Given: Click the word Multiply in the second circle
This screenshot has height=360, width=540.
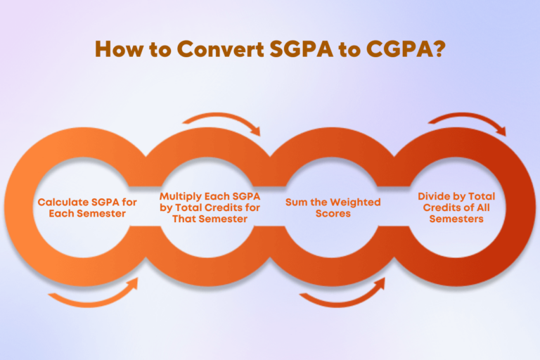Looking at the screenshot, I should pos(179,196).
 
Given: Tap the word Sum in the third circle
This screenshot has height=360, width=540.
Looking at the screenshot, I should pos(295,202).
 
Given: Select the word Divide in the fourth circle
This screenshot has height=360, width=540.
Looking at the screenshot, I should pos(435,196).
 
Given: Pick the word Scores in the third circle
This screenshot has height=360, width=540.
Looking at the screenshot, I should pos(333,213).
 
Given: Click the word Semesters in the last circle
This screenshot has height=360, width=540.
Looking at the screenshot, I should pos(456,219).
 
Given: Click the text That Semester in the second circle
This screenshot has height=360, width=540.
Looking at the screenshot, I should pos(210,219).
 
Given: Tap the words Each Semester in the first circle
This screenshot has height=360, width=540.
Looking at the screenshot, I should pos(87,213).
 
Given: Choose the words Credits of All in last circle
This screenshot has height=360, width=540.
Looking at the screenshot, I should pos(456,207).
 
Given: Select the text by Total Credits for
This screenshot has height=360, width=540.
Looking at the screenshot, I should pos(210,207).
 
